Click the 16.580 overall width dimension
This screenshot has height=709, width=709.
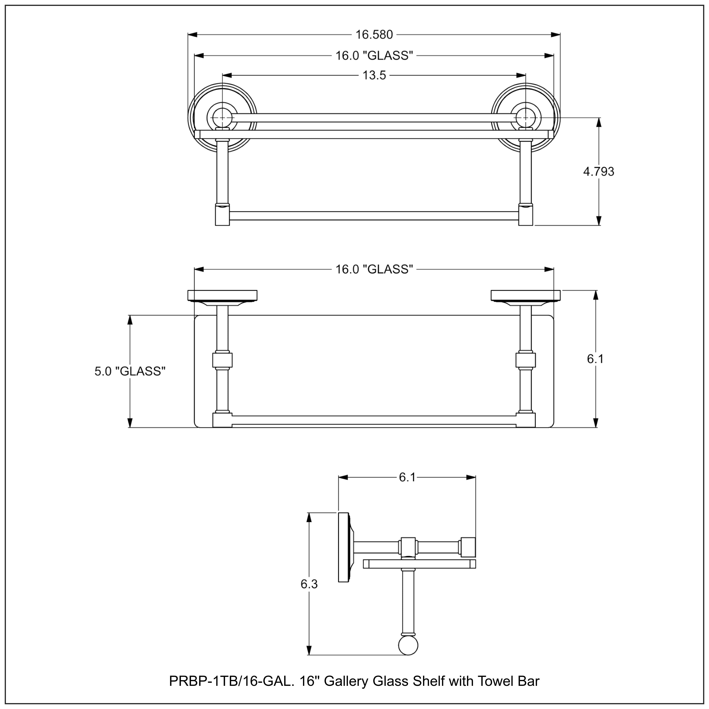click(x=374, y=35)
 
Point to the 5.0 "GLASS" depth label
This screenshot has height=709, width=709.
click(x=130, y=371)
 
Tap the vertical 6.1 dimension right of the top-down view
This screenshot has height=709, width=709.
click(x=595, y=359)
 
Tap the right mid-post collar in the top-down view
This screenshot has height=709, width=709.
click(x=526, y=360)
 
